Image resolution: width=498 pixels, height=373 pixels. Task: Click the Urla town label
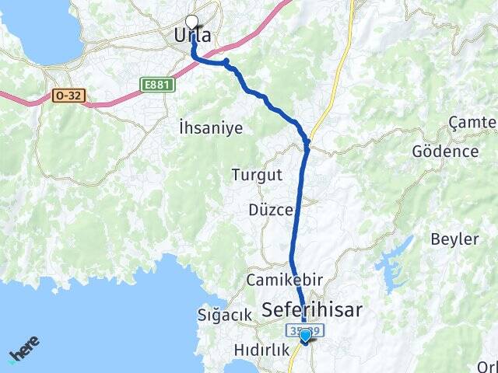[191, 36]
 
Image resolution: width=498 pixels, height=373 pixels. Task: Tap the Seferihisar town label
[312, 310]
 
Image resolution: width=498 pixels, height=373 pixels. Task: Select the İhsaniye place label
[210, 127]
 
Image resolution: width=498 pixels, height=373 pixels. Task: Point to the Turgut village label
[256, 175]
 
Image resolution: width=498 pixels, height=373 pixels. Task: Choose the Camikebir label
[279, 279]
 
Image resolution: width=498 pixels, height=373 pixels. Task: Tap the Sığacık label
[225, 315]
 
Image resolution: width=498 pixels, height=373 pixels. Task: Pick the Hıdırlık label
[256, 351]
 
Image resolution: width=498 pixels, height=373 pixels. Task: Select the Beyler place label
[455, 239]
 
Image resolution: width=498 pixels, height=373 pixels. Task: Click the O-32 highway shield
[68, 96]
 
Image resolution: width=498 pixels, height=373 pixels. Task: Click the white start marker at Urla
[192, 23]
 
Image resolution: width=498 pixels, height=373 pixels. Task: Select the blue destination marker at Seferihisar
[306, 336]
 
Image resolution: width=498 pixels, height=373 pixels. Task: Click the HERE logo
[23, 349]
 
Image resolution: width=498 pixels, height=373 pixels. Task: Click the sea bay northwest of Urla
[39, 31]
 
